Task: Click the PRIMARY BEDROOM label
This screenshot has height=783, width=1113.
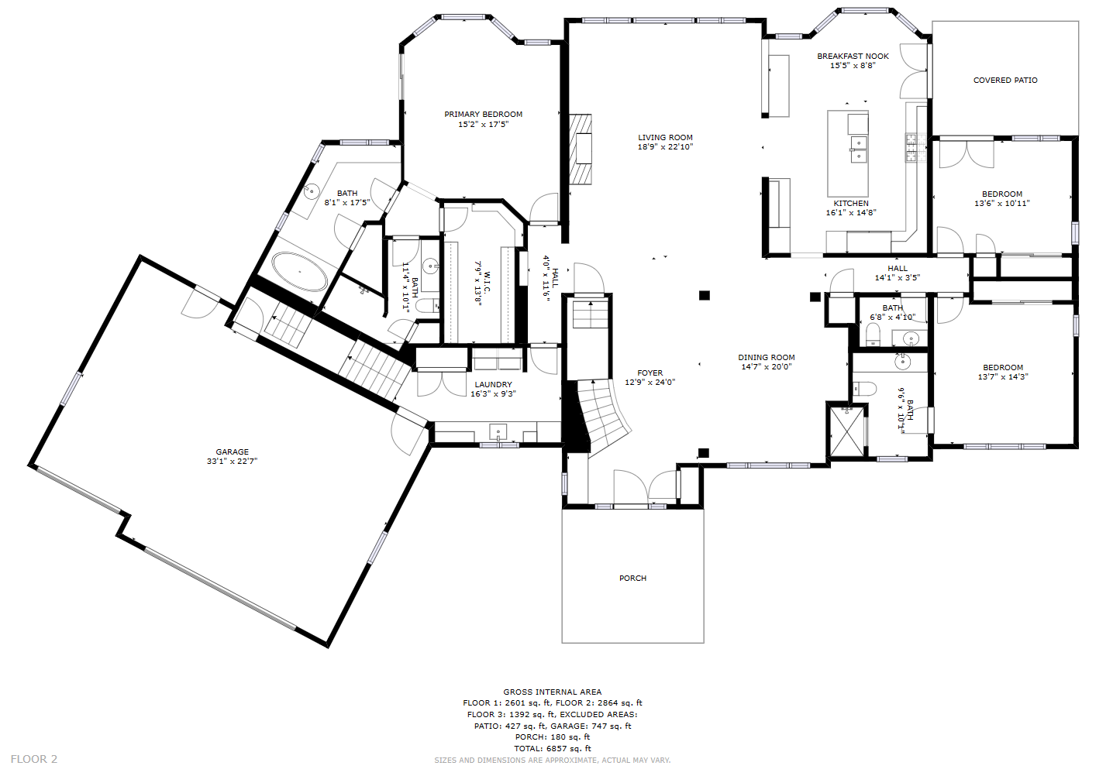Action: (x=484, y=114)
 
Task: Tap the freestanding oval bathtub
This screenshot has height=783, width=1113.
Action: (x=300, y=272)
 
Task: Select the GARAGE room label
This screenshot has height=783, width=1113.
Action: (x=232, y=452)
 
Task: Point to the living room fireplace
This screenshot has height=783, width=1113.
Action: (x=581, y=149)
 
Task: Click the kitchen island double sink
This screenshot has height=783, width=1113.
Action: (x=858, y=149)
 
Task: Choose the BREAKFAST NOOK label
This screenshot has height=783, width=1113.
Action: (x=853, y=56)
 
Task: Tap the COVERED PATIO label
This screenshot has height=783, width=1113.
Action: (x=1005, y=80)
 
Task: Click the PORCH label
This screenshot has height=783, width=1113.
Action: (x=632, y=578)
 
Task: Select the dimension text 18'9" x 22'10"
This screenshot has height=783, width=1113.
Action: (x=665, y=147)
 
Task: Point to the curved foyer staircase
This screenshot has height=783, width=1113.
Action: (x=602, y=414)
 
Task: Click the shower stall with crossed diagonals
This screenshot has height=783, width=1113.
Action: (x=847, y=430)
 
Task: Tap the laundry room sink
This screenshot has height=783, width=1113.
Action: (x=498, y=431)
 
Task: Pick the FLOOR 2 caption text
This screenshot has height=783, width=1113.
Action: (x=34, y=759)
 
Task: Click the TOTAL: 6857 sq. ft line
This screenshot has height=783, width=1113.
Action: (x=553, y=748)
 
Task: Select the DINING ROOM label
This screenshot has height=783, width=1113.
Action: (x=767, y=358)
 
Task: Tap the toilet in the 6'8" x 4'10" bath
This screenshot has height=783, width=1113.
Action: (x=873, y=335)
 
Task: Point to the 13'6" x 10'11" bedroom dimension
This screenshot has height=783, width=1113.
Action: (x=1001, y=203)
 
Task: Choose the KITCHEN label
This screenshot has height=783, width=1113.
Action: (x=851, y=203)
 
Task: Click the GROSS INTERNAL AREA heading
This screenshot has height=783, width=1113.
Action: (x=553, y=692)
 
